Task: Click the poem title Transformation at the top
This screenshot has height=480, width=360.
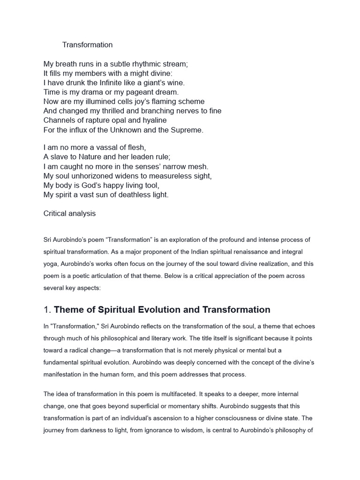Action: [88, 45]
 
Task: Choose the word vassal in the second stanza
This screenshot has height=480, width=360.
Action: [100, 148]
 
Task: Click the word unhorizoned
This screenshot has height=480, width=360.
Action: [88, 176]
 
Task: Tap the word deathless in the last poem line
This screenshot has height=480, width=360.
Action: [133, 195]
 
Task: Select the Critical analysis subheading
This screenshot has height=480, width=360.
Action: [69, 213]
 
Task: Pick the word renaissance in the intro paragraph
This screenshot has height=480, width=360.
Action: [232, 252]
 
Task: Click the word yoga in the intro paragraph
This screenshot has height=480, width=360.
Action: [51, 264]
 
